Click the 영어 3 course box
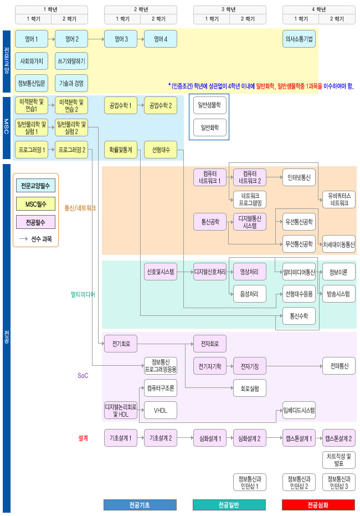pyautogui.click(x=121, y=39)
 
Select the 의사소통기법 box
pyautogui.click(x=299, y=39)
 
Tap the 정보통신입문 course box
pyautogui.click(x=32, y=84)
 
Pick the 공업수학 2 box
pyautogui.click(x=161, y=105)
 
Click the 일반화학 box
pyautogui.click(x=209, y=127)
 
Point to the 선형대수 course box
pyautogui.click(x=161, y=150)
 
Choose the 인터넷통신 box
pyautogui.click(x=299, y=177)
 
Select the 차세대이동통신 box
pyautogui.click(x=339, y=244)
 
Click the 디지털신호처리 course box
pyautogui.click(x=209, y=272)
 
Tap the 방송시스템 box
pyautogui.click(x=339, y=294)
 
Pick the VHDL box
pyautogui.click(x=161, y=410)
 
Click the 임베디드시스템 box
pyautogui.click(x=299, y=410)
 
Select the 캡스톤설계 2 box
pyautogui.click(x=339, y=438)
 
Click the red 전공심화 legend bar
pyautogui.click(x=318, y=505)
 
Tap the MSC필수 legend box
pyautogui.click(x=35, y=204)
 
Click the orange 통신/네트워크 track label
pyautogui.click(x=80, y=208)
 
